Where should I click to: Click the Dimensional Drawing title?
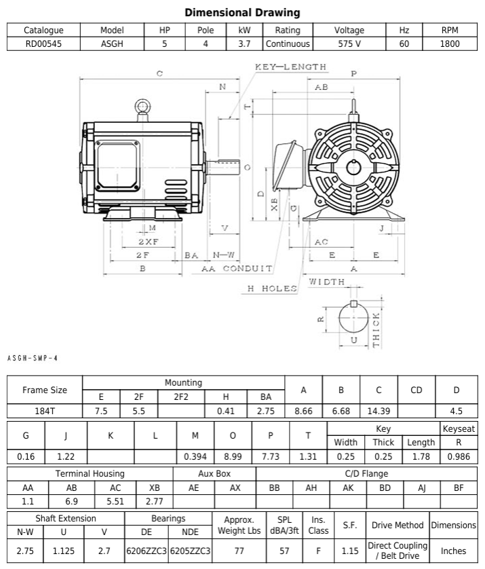(242, 12)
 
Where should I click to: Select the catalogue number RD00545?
(43, 43)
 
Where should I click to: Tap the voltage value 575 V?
(349, 43)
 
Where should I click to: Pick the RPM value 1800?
(450, 43)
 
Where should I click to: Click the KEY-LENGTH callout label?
(290, 67)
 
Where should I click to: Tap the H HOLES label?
(271, 289)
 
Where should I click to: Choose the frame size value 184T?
(44, 410)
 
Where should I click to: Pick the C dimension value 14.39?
(379, 410)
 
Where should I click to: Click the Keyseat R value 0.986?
(459, 456)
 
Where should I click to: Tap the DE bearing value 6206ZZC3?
(147, 551)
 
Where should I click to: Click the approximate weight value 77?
(239, 551)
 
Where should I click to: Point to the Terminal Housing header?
(90, 473)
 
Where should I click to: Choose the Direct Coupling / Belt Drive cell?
(397, 551)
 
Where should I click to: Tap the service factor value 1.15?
(350, 551)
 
